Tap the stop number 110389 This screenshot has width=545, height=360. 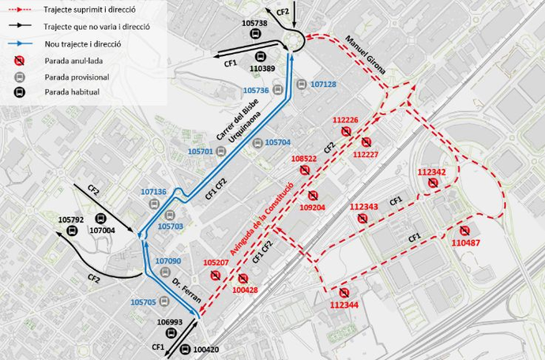[262, 69]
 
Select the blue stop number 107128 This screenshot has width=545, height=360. [324, 84]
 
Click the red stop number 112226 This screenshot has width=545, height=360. [345, 120]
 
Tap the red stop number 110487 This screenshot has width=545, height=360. [465, 243]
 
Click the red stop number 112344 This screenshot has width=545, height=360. [344, 305]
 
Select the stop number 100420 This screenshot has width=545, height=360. [205, 350]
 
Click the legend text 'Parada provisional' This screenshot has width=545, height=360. [77, 77]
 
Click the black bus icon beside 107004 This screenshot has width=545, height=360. [101, 219]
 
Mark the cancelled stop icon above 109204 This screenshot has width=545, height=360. [313, 195]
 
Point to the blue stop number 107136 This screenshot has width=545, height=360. [153, 192]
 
